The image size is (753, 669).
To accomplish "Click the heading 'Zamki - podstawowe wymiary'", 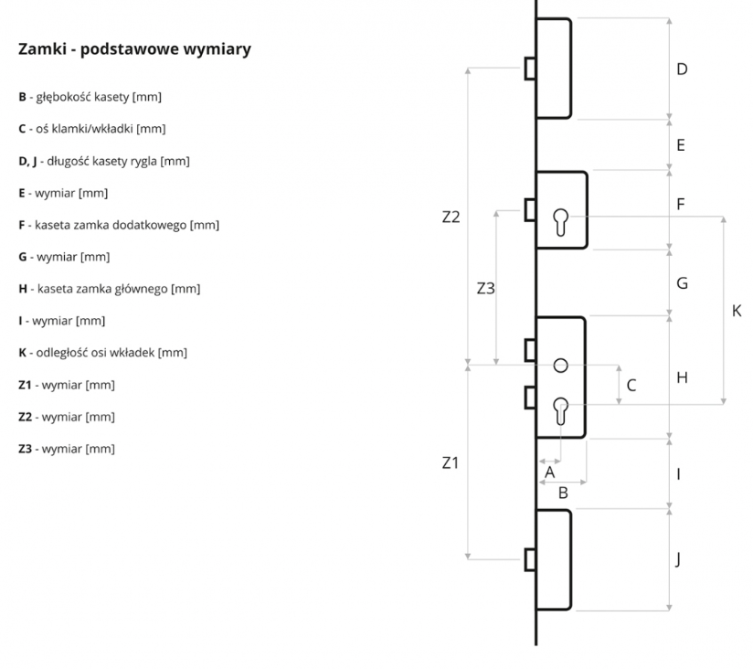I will (x=134, y=49).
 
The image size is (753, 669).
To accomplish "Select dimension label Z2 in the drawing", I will (x=451, y=218).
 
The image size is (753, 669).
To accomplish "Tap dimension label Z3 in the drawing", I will (x=486, y=289).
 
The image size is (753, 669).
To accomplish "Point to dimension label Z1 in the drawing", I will (x=450, y=462).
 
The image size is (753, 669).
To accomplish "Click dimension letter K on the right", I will (x=737, y=311).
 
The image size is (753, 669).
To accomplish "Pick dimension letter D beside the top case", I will (x=681, y=69).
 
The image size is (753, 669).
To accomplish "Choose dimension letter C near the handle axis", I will (x=631, y=386).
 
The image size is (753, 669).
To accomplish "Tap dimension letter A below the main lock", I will (x=550, y=473).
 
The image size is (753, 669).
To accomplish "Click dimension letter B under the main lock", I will (x=563, y=493).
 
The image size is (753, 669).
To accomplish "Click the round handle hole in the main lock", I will (x=561, y=366).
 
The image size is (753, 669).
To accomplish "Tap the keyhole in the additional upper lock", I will (x=561, y=222).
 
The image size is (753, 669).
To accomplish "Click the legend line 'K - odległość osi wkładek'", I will (x=102, y=353).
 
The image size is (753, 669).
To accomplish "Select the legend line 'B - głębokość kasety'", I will (x=90, y=97).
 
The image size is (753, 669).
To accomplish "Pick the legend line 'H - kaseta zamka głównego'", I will (x=109, y=289).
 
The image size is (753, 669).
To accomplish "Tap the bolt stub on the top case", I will (x=529, y=69).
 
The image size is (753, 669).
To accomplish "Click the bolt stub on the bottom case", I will (x=529, y=559).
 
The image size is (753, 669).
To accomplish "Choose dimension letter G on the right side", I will (x=682, y=283).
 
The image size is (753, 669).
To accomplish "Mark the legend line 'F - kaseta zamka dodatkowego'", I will (x=119, y=225).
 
